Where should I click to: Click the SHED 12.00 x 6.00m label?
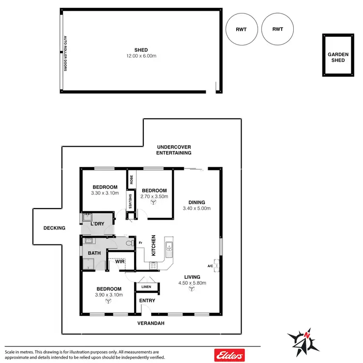(x=141, y=53)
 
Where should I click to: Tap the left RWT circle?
(x=242, y=29)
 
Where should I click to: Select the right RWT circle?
(x=277, y=29)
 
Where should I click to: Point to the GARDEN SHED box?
(x=337, y=55)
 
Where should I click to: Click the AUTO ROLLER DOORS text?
(x=64, y=53)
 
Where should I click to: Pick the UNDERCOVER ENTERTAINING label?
(x=174, y=150)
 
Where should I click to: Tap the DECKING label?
(x=54, y=227)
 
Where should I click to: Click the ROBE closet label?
(x=131, y=180)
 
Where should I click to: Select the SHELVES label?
(x=130, y=201)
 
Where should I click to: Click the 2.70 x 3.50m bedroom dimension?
(x=154, y=197)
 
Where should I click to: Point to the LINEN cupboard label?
(x=146, y=287)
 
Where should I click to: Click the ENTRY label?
(x=147, y=301)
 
